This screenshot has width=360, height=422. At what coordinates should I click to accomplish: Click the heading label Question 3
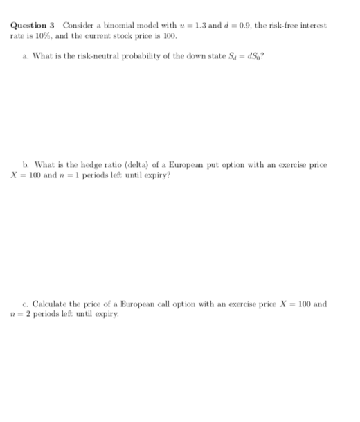33,26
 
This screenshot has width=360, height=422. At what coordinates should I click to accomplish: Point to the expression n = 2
21,313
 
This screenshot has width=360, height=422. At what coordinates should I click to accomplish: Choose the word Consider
77,26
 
